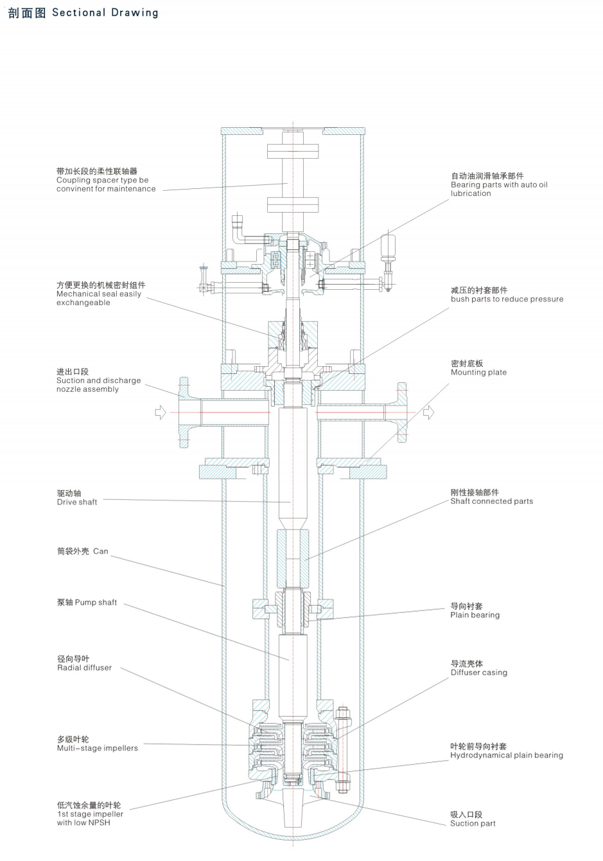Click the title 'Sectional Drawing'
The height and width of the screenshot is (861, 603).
105,12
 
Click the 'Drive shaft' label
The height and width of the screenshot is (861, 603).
76,502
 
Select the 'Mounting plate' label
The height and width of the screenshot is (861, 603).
478,372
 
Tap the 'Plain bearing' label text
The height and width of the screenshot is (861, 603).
475,615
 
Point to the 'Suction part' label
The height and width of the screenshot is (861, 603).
473,823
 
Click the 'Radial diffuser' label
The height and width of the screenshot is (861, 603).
84,668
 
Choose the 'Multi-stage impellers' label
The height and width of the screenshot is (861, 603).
97,748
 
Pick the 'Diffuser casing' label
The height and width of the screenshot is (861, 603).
478,673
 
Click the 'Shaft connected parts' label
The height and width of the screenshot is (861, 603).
491,501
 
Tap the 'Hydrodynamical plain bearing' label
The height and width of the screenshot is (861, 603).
506,755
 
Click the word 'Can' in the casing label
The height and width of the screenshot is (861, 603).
101,551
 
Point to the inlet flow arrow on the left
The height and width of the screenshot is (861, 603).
161,412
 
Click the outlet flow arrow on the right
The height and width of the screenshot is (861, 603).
428,412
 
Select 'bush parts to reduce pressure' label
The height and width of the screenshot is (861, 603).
507,299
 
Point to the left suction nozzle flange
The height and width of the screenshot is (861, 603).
184,412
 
